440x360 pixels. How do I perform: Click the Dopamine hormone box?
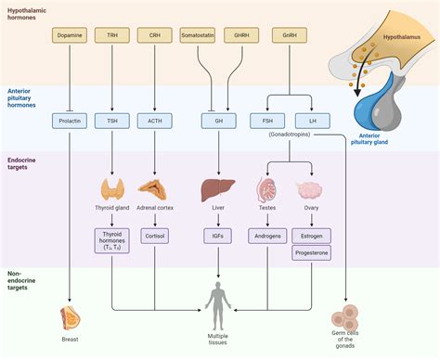pyautogui.click(x=71, y=35)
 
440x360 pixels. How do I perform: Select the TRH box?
pyautogui.click(x=110, y=35)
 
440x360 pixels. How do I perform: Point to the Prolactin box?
pyautogui.click(x=71, y=121)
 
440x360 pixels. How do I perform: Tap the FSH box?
pyautogui.click(x=267, y=121)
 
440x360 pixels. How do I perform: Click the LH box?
pyautogui.click(x=308, y=121)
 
